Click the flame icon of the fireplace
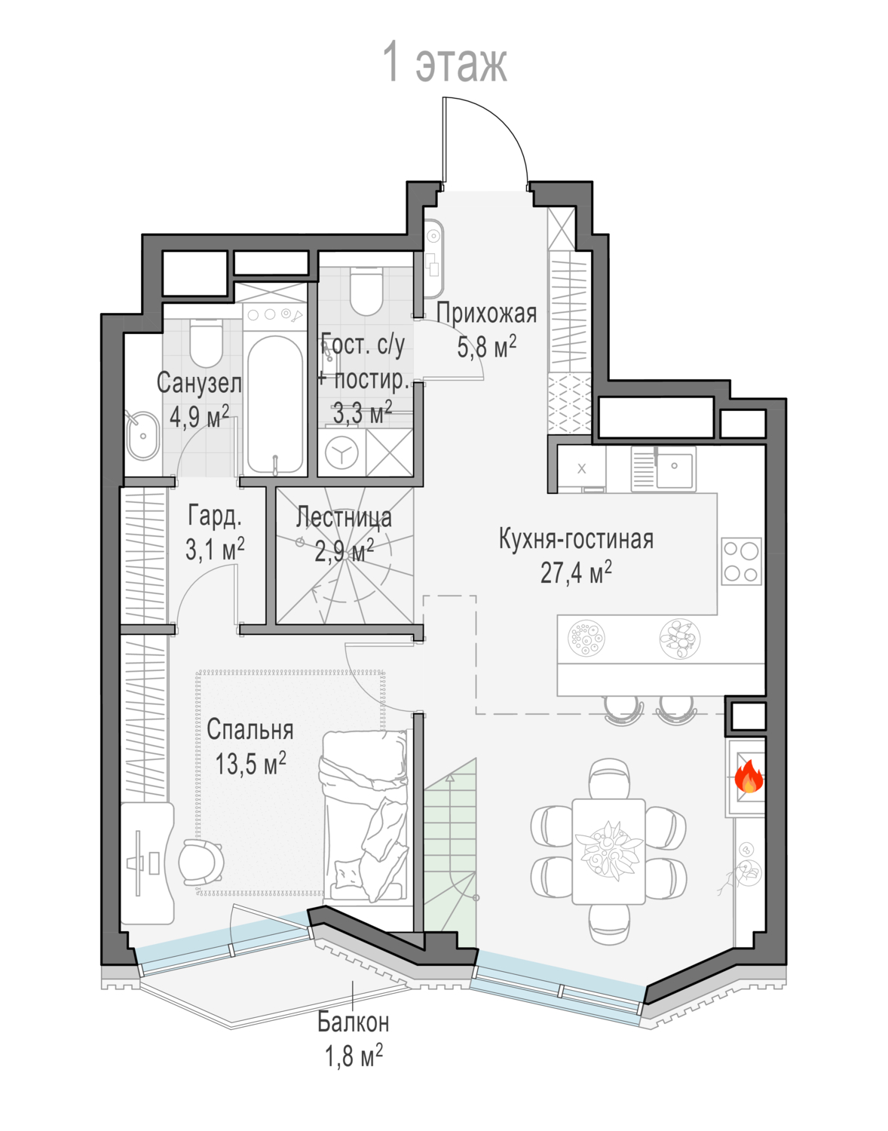coord(749,777)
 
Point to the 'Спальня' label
coord(250,730)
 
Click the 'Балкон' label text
coord(354,1022)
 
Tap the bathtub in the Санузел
coord(274,404)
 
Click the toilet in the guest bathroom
coord(366,291)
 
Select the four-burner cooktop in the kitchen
coord(741,561)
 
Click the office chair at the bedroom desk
coord(201,861)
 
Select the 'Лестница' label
coord(344,517)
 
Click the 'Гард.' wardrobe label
coord(215,516)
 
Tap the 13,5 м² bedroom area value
coord(251,764)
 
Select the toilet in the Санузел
coord(206,342)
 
